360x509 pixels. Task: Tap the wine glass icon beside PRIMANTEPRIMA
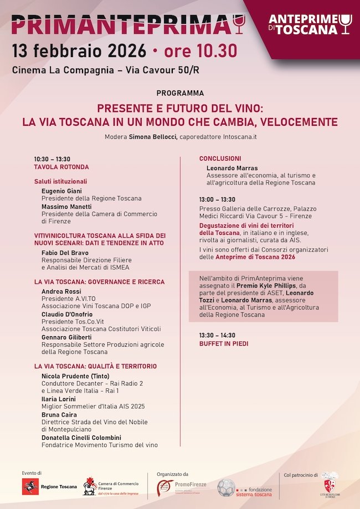coord(239,24)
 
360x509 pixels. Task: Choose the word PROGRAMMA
coord(180,93)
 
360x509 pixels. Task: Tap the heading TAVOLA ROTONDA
coord(61,167)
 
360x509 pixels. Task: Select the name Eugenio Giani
coord(63,191)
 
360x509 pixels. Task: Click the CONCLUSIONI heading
coord(220,158)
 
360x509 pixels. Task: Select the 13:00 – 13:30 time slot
coord(218,199)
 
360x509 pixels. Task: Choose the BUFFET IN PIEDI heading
coord(224,343)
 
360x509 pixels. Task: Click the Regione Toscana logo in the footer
coord(48,487)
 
